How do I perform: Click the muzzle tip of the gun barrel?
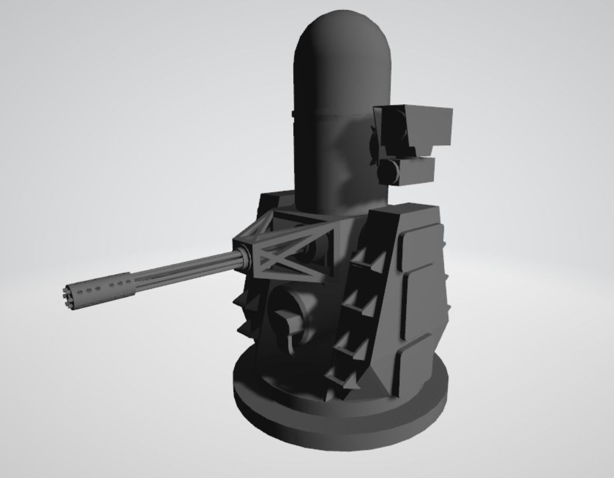tap(66, 291)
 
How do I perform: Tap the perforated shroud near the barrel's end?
tap(100, 288)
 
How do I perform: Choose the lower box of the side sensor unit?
tap(410, 170)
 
